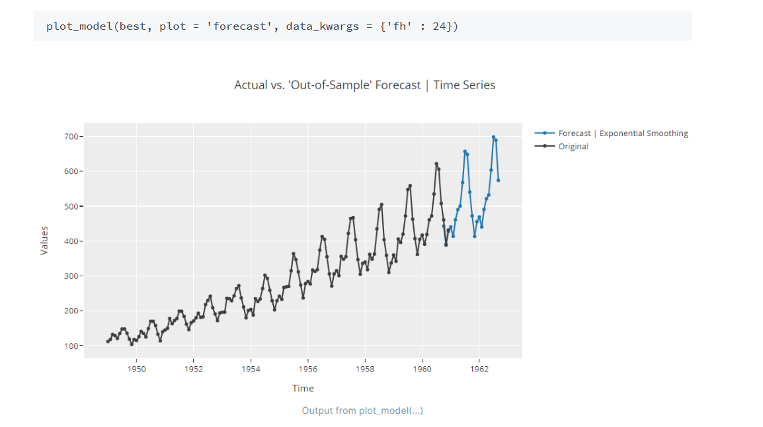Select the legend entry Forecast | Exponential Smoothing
(622, 134)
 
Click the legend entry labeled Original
(573, 147)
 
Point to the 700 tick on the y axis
(70, 137)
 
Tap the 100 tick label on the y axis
(70, 346)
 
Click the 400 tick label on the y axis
(70, 241)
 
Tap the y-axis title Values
(44, 241)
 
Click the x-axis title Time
(303, 389)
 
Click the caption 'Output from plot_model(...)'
(362, 410)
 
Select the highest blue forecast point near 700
(493, 137)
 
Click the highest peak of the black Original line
(436, 164)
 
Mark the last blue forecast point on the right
(498, 180)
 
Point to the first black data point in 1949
(108, 341)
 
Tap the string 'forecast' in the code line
(242, 26)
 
